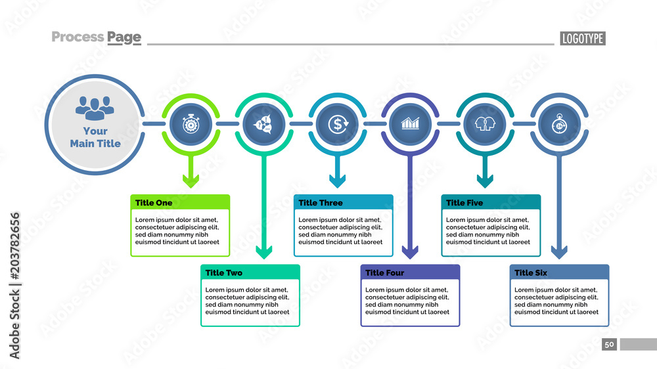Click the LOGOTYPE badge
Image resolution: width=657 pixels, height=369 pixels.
click(x=582, y=39)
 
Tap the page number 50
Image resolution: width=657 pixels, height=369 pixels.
click(x=609, y=345)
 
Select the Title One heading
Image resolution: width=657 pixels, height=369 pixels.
click(x=154, y=203)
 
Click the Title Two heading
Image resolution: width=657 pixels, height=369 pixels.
click(x=224, y=272)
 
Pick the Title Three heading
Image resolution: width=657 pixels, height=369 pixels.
click(x=321, y=203)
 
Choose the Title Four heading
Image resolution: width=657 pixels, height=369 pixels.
click(x=385, y=272)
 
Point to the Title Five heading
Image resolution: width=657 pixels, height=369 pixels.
click(x=464, y=203)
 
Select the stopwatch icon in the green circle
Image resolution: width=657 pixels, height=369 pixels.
click(x=191, y=123)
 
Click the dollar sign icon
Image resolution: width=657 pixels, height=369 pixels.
click(x=338, y=123)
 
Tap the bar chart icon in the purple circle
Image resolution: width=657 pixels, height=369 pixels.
click(x=411, y=123)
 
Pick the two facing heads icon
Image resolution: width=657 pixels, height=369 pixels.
click(x=485, y=123)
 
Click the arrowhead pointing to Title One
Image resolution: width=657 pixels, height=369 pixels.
click(x=191, y=181)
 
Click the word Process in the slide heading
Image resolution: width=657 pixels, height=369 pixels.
click(x=77, y=37)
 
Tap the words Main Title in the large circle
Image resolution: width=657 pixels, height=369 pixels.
click(x=95, y=143)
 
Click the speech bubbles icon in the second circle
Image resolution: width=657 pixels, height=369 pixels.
click(x=264, y=123)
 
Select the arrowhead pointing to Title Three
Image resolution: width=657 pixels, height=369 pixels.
click(x=338, y=181)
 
